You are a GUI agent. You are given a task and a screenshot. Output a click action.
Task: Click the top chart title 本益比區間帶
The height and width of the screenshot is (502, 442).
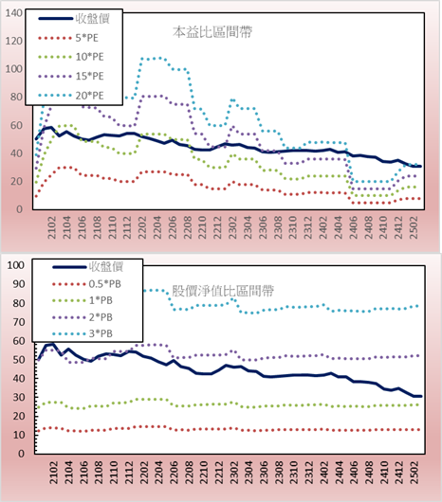click(x=212, y=32)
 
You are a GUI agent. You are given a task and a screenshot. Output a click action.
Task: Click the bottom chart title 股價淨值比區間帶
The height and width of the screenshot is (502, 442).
click(x=223, y=291)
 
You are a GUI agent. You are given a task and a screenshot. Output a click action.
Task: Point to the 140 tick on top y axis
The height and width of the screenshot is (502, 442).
click(x=14, y=13)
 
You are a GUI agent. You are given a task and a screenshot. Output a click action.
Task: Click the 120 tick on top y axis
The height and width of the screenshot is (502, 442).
click(x=14, y=41)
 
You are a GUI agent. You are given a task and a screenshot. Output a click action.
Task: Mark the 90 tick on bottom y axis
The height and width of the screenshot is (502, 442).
click(x=18, y=284)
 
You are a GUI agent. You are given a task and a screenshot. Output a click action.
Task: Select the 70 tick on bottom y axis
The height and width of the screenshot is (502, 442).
click(x=18, y=322)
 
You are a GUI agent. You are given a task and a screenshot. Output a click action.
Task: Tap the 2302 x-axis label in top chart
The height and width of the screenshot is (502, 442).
click(x=232, y=227)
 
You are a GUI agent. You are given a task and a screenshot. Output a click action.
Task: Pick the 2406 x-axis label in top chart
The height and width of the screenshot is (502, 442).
click(x=353, y=227)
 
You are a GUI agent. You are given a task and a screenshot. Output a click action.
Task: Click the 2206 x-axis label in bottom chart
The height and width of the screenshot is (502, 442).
click(x=174, y=472)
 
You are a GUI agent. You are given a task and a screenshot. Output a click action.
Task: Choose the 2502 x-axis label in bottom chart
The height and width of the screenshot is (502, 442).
click(x=414, y=472)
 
